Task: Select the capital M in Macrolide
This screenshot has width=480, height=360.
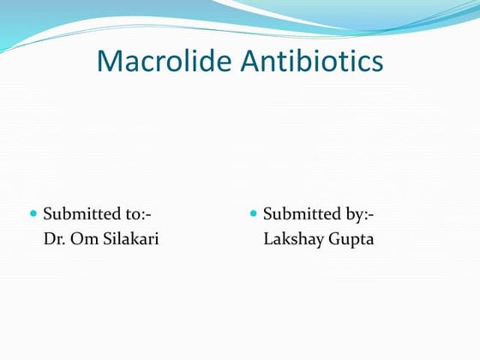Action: (110, 61)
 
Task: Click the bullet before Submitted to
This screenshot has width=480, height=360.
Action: (34, 213)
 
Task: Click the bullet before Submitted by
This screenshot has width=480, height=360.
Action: (254, 213)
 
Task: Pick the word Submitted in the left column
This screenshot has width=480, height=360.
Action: (82, 213)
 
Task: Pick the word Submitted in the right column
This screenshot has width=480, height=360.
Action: (302, 213)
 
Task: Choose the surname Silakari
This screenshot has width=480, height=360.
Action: (129, 238)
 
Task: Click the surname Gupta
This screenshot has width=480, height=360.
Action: (351, 238)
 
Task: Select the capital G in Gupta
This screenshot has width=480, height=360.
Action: (334, 238)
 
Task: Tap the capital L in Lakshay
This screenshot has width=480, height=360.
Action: (267, 238)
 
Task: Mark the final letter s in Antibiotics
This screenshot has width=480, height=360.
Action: (377, 63)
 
